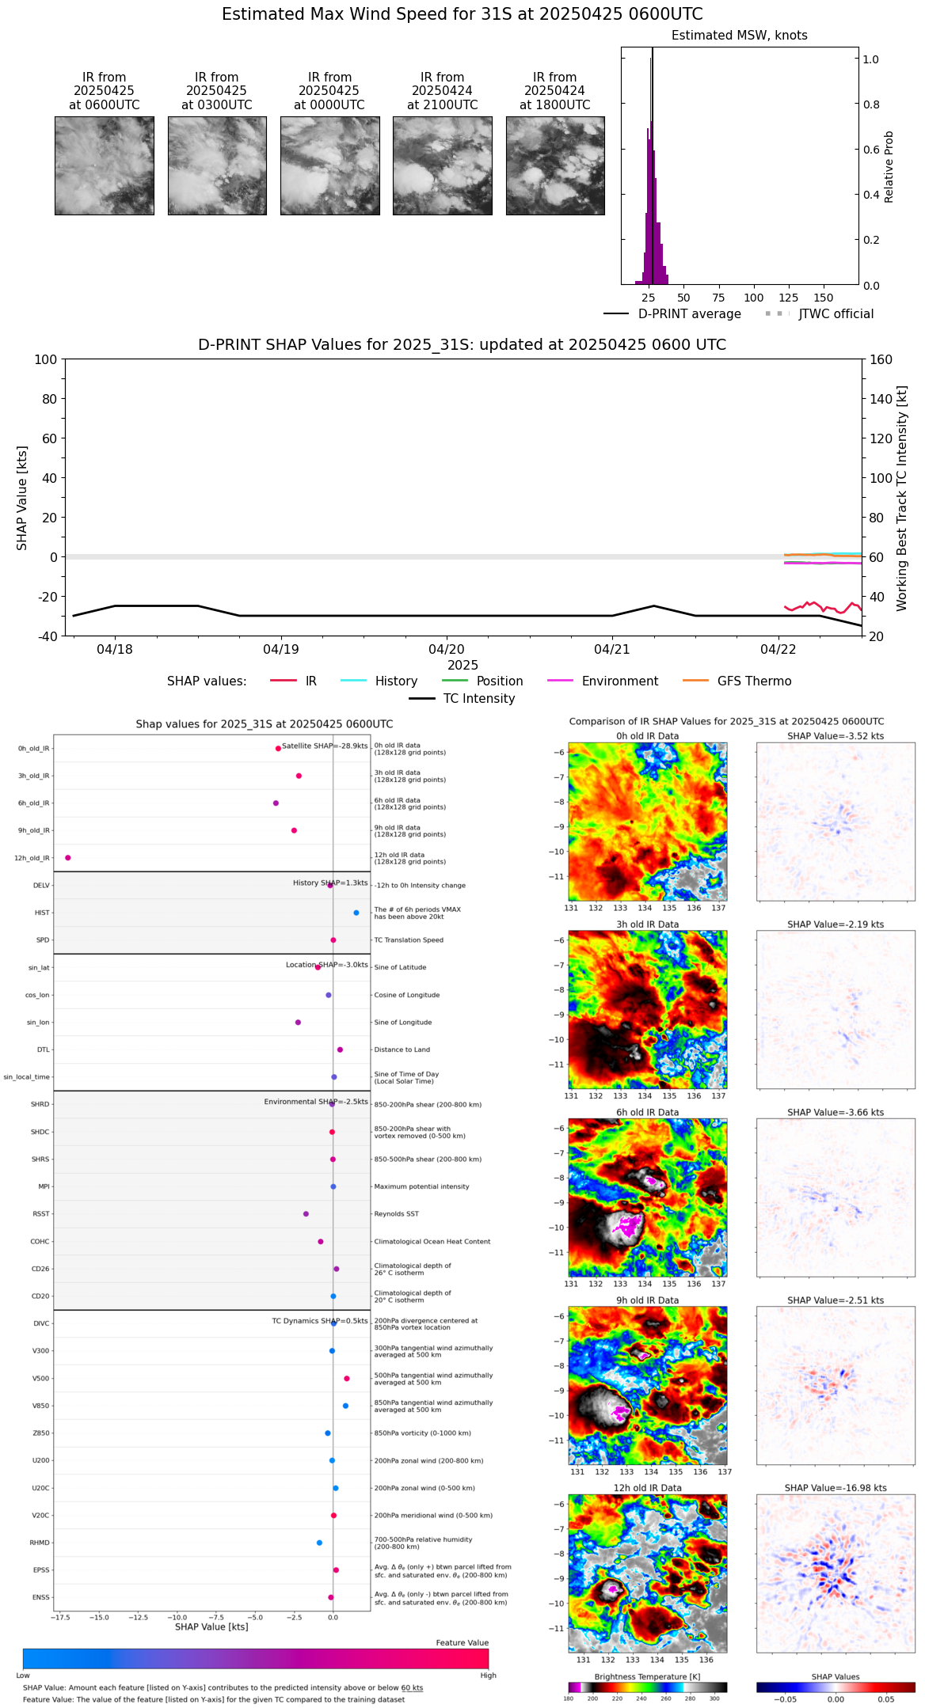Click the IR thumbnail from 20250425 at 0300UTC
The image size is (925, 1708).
[217, 165]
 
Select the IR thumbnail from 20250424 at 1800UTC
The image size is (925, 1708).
[555, 165]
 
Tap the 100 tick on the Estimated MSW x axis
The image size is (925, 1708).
[753, 298]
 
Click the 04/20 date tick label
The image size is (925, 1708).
[447, 650]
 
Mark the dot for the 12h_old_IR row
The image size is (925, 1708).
[68, 858]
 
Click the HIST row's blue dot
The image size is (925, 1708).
[356, 913]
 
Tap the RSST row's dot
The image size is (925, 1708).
[306, 1213]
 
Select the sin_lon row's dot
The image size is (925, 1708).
[298, 1022]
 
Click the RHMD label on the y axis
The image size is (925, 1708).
[40, 1543]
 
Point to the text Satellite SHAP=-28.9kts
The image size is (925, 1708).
[325, 746]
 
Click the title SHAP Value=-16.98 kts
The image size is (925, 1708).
[836, 1488]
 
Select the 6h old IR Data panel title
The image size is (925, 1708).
[647, 1112]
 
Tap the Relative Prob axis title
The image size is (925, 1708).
[889, 166]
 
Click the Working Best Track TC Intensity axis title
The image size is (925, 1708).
[901, 498]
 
